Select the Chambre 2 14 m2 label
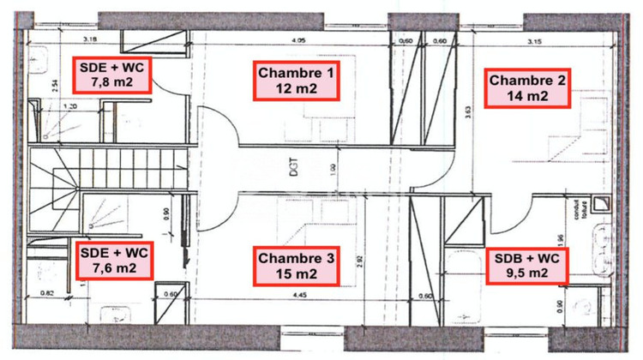[527, 88]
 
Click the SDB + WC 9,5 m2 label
[527, 266]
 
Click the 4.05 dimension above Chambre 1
[298, 40]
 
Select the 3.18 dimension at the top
[88, 39]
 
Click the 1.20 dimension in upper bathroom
[72, 107]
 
